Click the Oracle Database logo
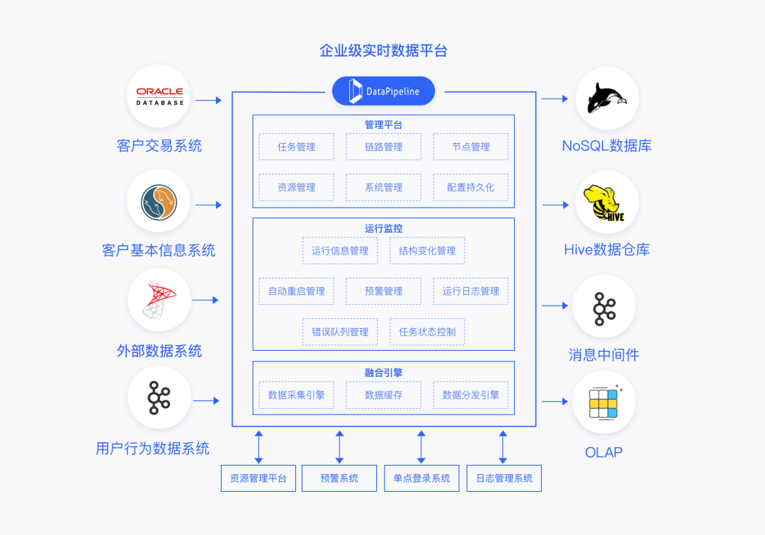[159, 96]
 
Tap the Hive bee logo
[606, 203]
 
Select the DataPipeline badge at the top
[383, 91]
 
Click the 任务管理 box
[296, 147]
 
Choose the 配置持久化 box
[470, 187]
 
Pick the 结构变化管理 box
[427, 250]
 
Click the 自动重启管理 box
[296, 291]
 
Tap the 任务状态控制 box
[427, 331]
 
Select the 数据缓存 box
[383, 395]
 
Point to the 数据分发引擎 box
[470, 395]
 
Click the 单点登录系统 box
[421, 478]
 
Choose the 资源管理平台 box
[258, 478]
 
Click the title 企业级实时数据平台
[383, 50]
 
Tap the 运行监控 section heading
[383, 228]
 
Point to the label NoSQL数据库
[606, 146]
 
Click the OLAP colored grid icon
[603, 402]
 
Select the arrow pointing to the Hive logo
[556, 205]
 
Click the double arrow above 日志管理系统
[503, 446]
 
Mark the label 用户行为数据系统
[152, 448]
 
